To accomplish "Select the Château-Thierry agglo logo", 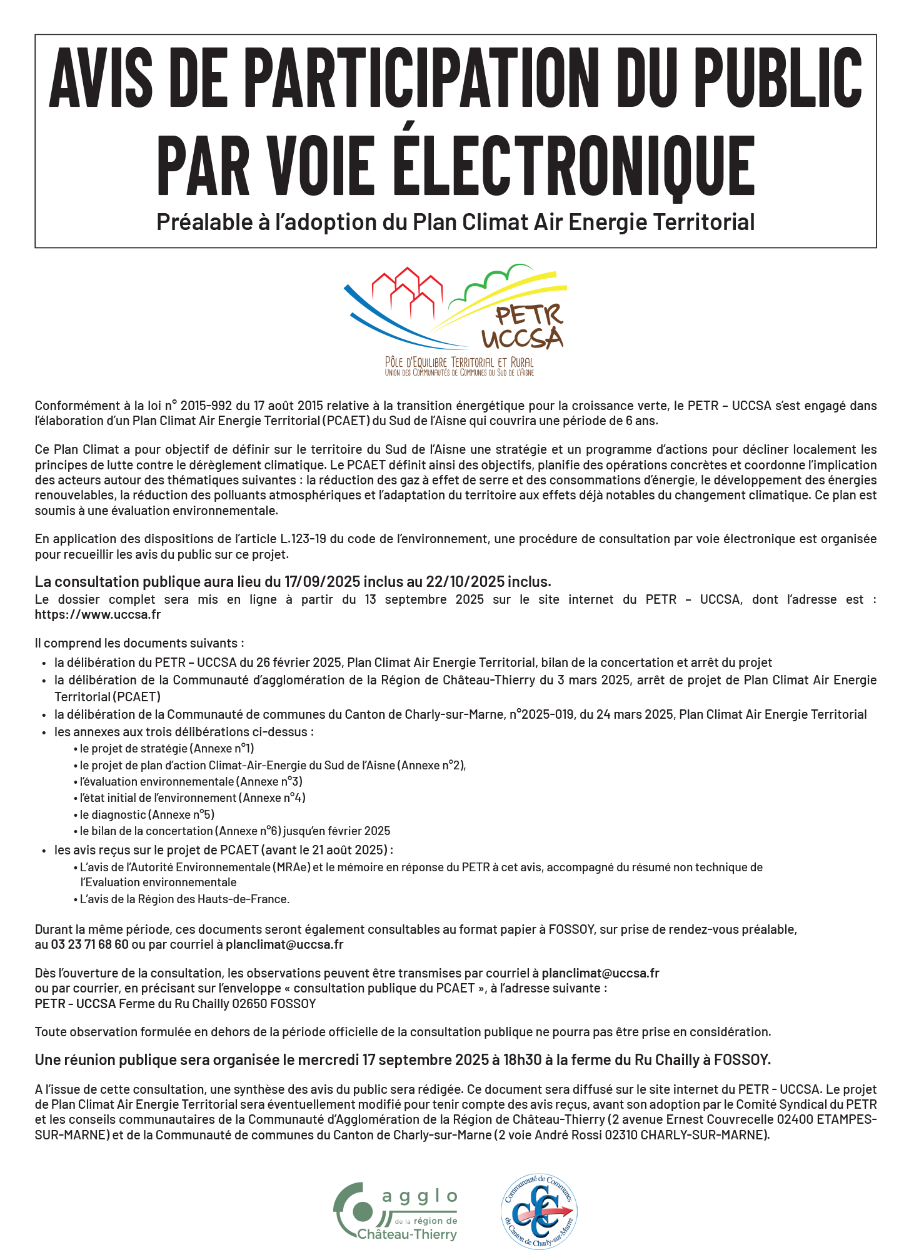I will pos(396,1211).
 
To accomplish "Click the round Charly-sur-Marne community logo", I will pos(540,1211).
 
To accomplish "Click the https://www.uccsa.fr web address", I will pos(98,614).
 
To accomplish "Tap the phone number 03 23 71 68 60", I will pos(89,944).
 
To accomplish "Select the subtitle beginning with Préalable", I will pos(456,222).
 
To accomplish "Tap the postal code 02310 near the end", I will pos(621,1135).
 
